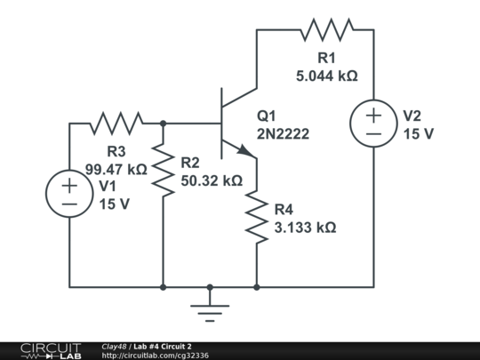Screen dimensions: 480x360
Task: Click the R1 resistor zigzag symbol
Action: click(327, 29)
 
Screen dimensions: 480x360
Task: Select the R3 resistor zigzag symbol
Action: click(116, 124)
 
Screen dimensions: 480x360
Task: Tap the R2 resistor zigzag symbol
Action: click(164, 170)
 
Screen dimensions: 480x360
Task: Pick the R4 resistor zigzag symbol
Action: click(257, 217)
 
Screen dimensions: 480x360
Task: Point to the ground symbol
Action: click(210, 313)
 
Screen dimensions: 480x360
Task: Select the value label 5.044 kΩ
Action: click(327, 76)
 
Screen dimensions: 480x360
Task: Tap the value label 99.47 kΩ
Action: click(116, 169)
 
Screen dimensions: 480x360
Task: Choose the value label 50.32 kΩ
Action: click(212, 180)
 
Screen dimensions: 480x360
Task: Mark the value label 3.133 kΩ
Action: click(306, 228)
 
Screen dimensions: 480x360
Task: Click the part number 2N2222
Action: click(284, 133)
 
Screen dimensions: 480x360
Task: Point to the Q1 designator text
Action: click(267, 116)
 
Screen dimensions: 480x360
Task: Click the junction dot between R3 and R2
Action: click(164, 124)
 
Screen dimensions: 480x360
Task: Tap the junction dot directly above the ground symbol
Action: click(210, 287)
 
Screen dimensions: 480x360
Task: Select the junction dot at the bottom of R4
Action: click(257, 287)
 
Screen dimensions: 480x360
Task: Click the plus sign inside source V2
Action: click(373, 116)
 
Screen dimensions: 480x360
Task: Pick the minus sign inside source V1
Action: click(69, 204)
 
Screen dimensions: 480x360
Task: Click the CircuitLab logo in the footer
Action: click(52, 351)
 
